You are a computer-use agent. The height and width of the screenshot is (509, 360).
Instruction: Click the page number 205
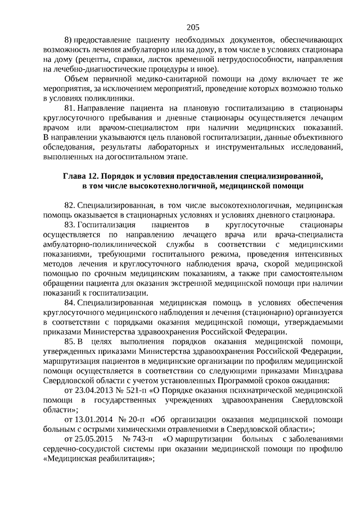pos(191,26)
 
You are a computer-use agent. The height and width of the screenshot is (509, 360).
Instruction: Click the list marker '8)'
pos(69,40)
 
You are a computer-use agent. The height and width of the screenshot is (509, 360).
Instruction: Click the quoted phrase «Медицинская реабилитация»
pos(97,459)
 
